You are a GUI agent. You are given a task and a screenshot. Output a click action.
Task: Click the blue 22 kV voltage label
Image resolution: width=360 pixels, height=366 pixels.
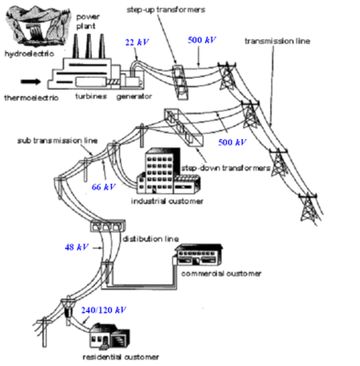pos(136,42)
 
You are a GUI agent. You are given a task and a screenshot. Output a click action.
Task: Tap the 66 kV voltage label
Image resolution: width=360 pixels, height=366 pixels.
pos(104,187)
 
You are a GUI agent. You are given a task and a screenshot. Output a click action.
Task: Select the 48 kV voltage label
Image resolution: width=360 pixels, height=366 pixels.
pos(77,247)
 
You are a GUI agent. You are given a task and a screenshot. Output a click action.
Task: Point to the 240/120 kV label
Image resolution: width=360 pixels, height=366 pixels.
pos(104,310)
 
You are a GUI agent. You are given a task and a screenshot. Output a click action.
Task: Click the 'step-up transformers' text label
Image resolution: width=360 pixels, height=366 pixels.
pos(166,10)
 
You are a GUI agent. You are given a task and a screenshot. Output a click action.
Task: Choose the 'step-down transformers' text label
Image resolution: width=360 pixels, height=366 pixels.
pos(226,168)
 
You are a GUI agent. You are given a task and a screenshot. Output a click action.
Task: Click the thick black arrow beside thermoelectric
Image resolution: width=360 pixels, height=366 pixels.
pos(30,81)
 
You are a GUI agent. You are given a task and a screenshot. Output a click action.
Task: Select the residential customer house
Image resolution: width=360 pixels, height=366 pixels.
pos(109,338)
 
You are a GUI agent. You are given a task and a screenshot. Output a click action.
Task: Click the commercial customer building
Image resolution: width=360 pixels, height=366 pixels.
pos(198,255)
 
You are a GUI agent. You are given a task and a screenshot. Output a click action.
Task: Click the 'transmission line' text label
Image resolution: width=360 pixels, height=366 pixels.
pos(278,41)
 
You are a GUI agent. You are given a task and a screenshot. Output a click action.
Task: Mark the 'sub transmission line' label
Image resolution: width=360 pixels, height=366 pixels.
pos(58,141)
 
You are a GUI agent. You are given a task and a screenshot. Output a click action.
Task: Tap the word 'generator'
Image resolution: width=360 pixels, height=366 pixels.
pos(134,97)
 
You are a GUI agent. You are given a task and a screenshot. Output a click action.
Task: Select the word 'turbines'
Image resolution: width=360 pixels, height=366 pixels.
pos(92,96)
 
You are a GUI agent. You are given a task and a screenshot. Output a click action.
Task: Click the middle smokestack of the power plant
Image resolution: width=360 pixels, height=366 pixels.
pos(89,46)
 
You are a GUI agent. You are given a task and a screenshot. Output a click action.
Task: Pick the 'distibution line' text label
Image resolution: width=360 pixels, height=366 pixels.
pos(150,239)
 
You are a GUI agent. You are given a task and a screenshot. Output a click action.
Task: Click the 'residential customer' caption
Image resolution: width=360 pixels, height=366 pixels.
pos(121,357)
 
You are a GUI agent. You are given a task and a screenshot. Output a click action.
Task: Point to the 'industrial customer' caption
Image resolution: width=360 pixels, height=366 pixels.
pos(167,201)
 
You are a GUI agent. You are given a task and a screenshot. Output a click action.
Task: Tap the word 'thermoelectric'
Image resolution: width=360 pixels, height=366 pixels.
pos(31,98)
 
